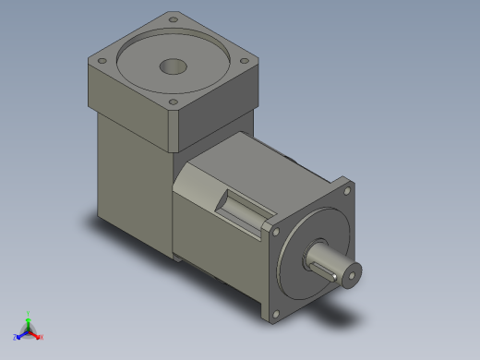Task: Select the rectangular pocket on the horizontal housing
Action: coord(242,207)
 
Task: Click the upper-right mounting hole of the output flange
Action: coord(347,190)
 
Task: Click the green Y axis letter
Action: coord(30,313)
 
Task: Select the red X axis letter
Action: coord(42,337)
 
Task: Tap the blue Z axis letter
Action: coord(16,337)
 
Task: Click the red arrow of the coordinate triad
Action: coord(35,333)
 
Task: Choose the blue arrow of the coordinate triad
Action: coord(21,333)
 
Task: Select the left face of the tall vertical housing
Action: coord(134,175)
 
